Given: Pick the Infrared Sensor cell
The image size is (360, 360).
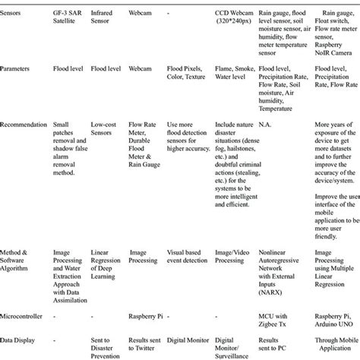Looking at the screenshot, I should [x=103, y=19].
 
